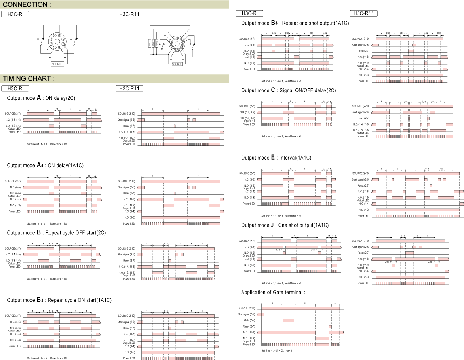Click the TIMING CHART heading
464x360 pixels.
(28, 78)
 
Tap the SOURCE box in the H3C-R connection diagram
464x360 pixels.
(57, 63)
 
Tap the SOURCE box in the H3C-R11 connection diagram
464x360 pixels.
(177, 64)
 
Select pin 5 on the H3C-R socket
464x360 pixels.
(59, 36)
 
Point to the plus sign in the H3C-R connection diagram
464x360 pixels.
(65, 58)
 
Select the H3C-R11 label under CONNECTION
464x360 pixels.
(129, 15)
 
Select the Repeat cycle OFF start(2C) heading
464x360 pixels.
(56, 232)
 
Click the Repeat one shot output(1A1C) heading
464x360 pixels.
(295, 23)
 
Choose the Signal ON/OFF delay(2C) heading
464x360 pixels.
(288, 90)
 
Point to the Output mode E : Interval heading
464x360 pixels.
(276, 158)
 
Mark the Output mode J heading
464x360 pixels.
(285, 225)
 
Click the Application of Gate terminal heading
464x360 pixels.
(274, 292)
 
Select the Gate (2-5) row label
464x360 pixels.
(250, 320)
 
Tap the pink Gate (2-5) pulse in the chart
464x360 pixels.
(288, 320)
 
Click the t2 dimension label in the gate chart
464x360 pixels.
(304, 303)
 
